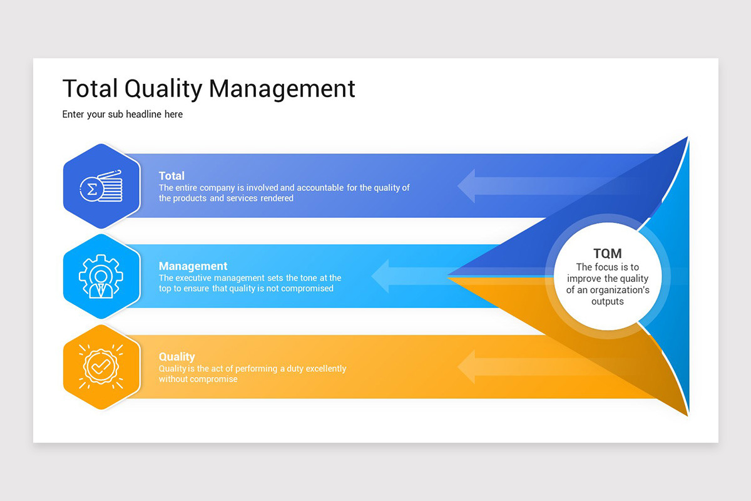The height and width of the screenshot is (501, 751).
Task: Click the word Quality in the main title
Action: tap(163, 90)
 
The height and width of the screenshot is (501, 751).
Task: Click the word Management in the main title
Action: tap(282, 89)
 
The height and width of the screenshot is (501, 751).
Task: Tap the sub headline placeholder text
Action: tap(123, 115)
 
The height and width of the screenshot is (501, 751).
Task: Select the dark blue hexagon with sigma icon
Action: tap(101, 186)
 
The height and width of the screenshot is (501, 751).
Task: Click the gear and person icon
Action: tap(101, 277)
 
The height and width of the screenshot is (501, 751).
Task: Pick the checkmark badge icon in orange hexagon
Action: tap(101, 366)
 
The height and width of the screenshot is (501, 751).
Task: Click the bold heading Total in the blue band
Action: tap(171, 176)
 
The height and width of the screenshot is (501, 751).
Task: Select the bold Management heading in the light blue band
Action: tap(193, 266)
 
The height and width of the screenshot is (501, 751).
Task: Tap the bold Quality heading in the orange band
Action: tap(177, 357)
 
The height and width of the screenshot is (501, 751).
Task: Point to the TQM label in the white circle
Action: tap(608, 254)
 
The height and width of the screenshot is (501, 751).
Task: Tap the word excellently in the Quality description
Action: tap(326, 368)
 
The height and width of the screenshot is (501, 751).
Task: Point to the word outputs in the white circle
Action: tap(608, 301)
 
